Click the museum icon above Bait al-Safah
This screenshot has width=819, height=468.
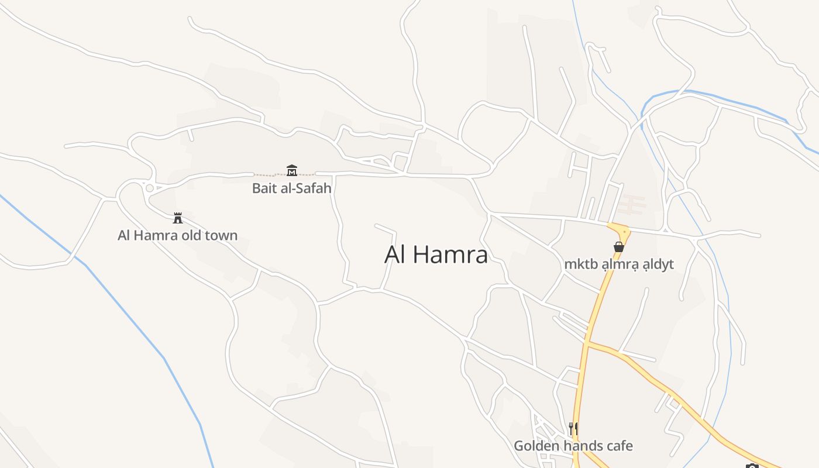[x=292, y=170]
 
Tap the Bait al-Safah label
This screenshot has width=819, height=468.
[x=291, y=188]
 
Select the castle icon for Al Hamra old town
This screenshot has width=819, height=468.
[x=178, y=218]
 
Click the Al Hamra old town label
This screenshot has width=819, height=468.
[x=177, y=236]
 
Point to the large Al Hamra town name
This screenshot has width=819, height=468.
[x=436, y=254]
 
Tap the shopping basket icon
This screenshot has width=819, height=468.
[x=619, y=247]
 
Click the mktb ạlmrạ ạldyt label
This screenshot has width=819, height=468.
[x=619, y=264]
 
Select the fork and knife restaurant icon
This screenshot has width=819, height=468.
[x=573, y=429]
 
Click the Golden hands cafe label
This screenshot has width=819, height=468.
[x=573, y=446]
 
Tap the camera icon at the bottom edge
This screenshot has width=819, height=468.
[x=752, y=466]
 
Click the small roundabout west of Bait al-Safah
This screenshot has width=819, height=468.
[x=149, y=188]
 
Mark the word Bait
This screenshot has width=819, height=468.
[x=263, y=188]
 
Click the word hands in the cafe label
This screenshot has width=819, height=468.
[x=580, y=446]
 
